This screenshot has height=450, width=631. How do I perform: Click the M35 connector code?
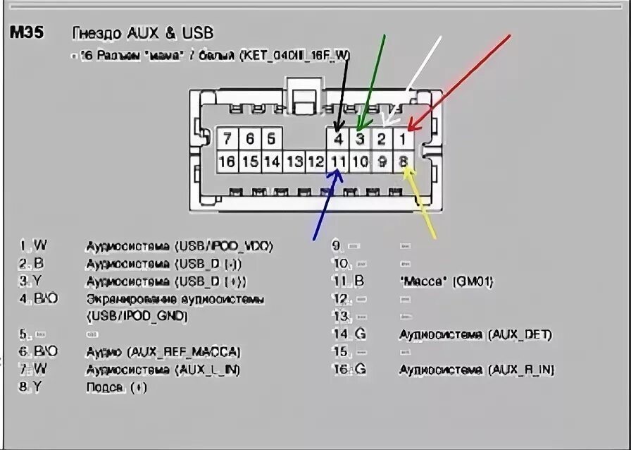click(x=27, y=32)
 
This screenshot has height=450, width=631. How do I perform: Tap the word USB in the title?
click(x=198, y=32)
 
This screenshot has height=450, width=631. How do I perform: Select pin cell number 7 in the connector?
click(x=227, y=138)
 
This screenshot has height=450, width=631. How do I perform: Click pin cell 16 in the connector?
click(x=227, y=162)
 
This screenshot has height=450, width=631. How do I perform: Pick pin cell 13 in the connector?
click(x=294, y=162)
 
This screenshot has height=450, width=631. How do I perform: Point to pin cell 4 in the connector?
click(x=339, y=138)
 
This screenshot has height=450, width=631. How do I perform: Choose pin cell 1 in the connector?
click(x=402, y=138)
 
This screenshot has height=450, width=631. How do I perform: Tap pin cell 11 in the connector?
click(x=339, y=162)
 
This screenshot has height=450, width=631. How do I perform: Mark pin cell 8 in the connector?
click(x=403, y=162)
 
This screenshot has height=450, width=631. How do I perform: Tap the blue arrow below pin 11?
click(x=328, y=205)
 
